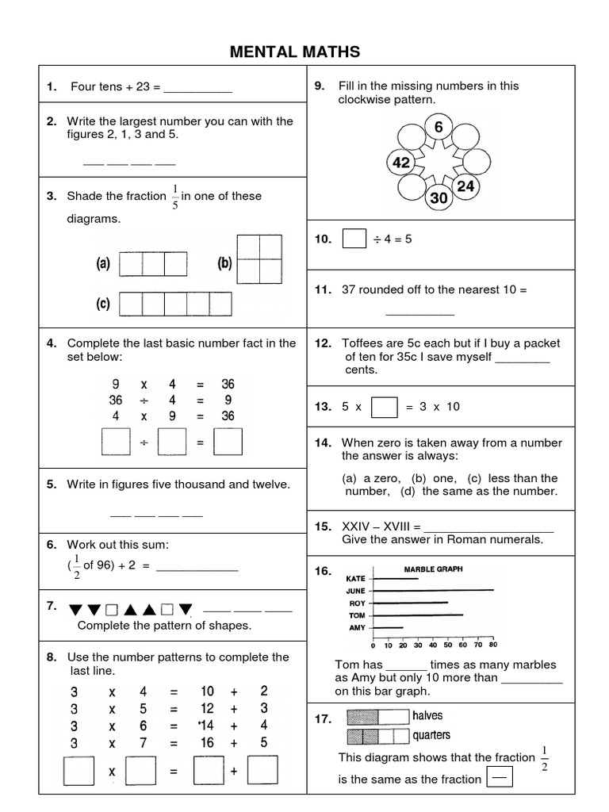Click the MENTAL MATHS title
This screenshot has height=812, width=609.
[x=295, y=52]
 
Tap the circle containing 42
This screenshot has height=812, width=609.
[x=401, y=163]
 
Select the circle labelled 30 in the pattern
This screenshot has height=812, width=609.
[x=439, y=198]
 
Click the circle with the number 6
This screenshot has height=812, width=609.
[x=439, y=127]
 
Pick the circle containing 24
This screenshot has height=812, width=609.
[x=466, y=186]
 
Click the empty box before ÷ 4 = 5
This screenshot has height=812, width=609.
[x=354, y=239]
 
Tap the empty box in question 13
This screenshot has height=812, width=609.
[x=384, y=407]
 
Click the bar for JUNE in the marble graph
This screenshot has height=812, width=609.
[x=433, y=590]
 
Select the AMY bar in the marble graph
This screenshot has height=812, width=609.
[x=388, y=627]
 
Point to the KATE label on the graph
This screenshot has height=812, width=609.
[x=355, y=579]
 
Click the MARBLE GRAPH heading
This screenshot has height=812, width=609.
[x=434, y=569]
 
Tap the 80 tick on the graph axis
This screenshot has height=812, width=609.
[x=492, y=645]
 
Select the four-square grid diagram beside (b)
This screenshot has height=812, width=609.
[x=259, y=259]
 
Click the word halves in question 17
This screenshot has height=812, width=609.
[x=427, y=715]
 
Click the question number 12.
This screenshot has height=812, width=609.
[x=323, y=343]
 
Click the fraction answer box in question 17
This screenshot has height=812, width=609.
[x=498, y=778]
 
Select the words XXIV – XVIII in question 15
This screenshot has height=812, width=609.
[x=375, y=526]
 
